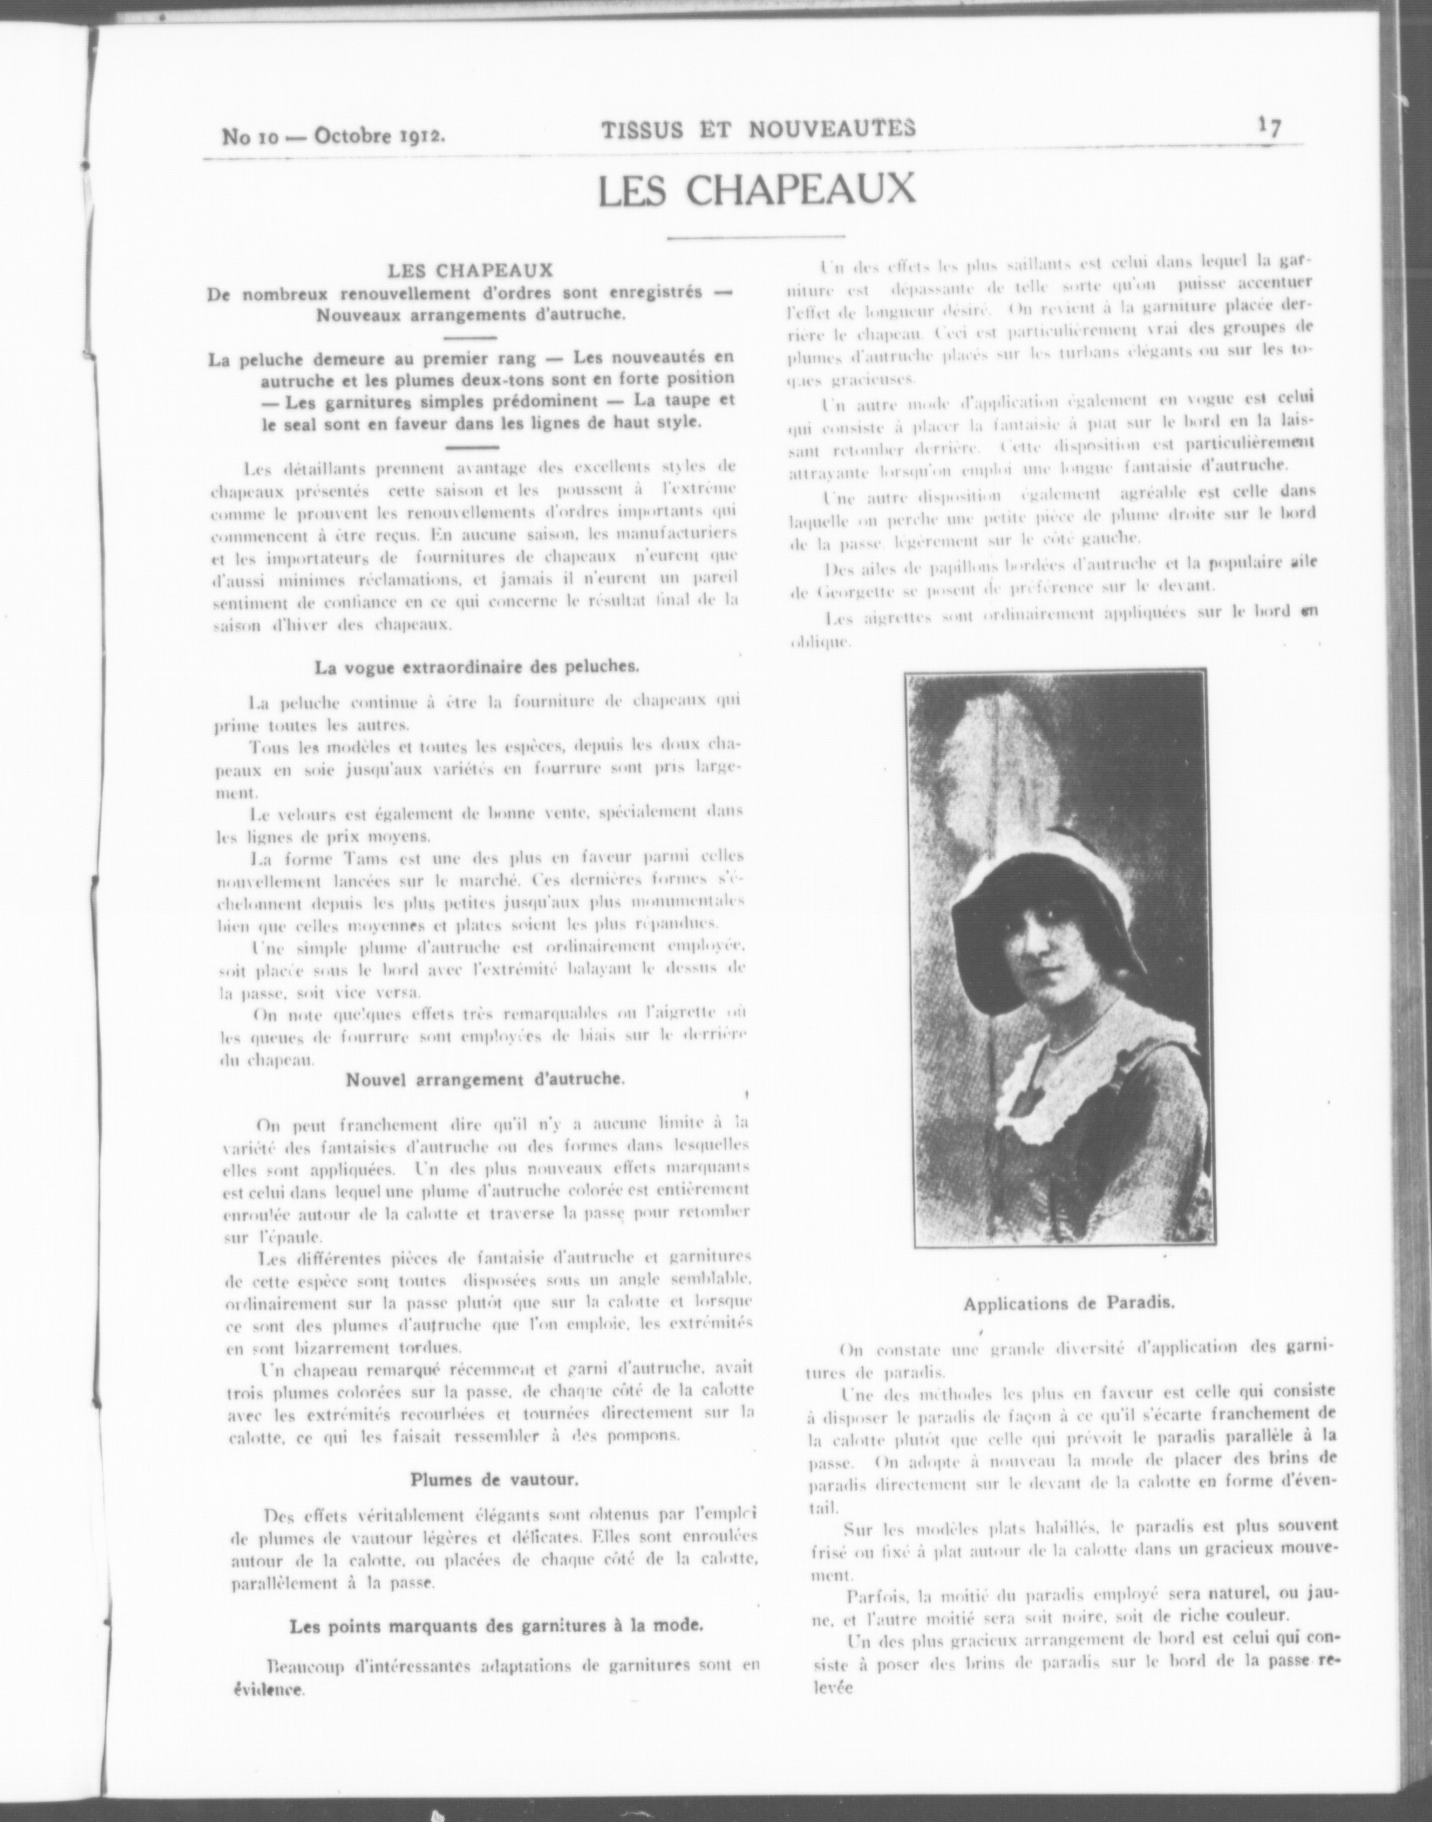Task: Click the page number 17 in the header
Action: tap(1269, 126)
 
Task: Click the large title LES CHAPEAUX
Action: tap(756, 190)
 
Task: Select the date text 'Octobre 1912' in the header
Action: tap(379, 134)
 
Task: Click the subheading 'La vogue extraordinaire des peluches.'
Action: tap(477, 668)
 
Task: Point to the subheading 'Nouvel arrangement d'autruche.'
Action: tap(485, 1079)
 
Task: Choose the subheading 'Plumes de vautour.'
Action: tap(494, 1479)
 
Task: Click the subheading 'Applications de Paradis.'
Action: tap(1069, 1304)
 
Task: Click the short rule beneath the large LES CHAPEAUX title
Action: tap(755, 239)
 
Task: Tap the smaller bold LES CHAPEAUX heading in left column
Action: tap(469, 270)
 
